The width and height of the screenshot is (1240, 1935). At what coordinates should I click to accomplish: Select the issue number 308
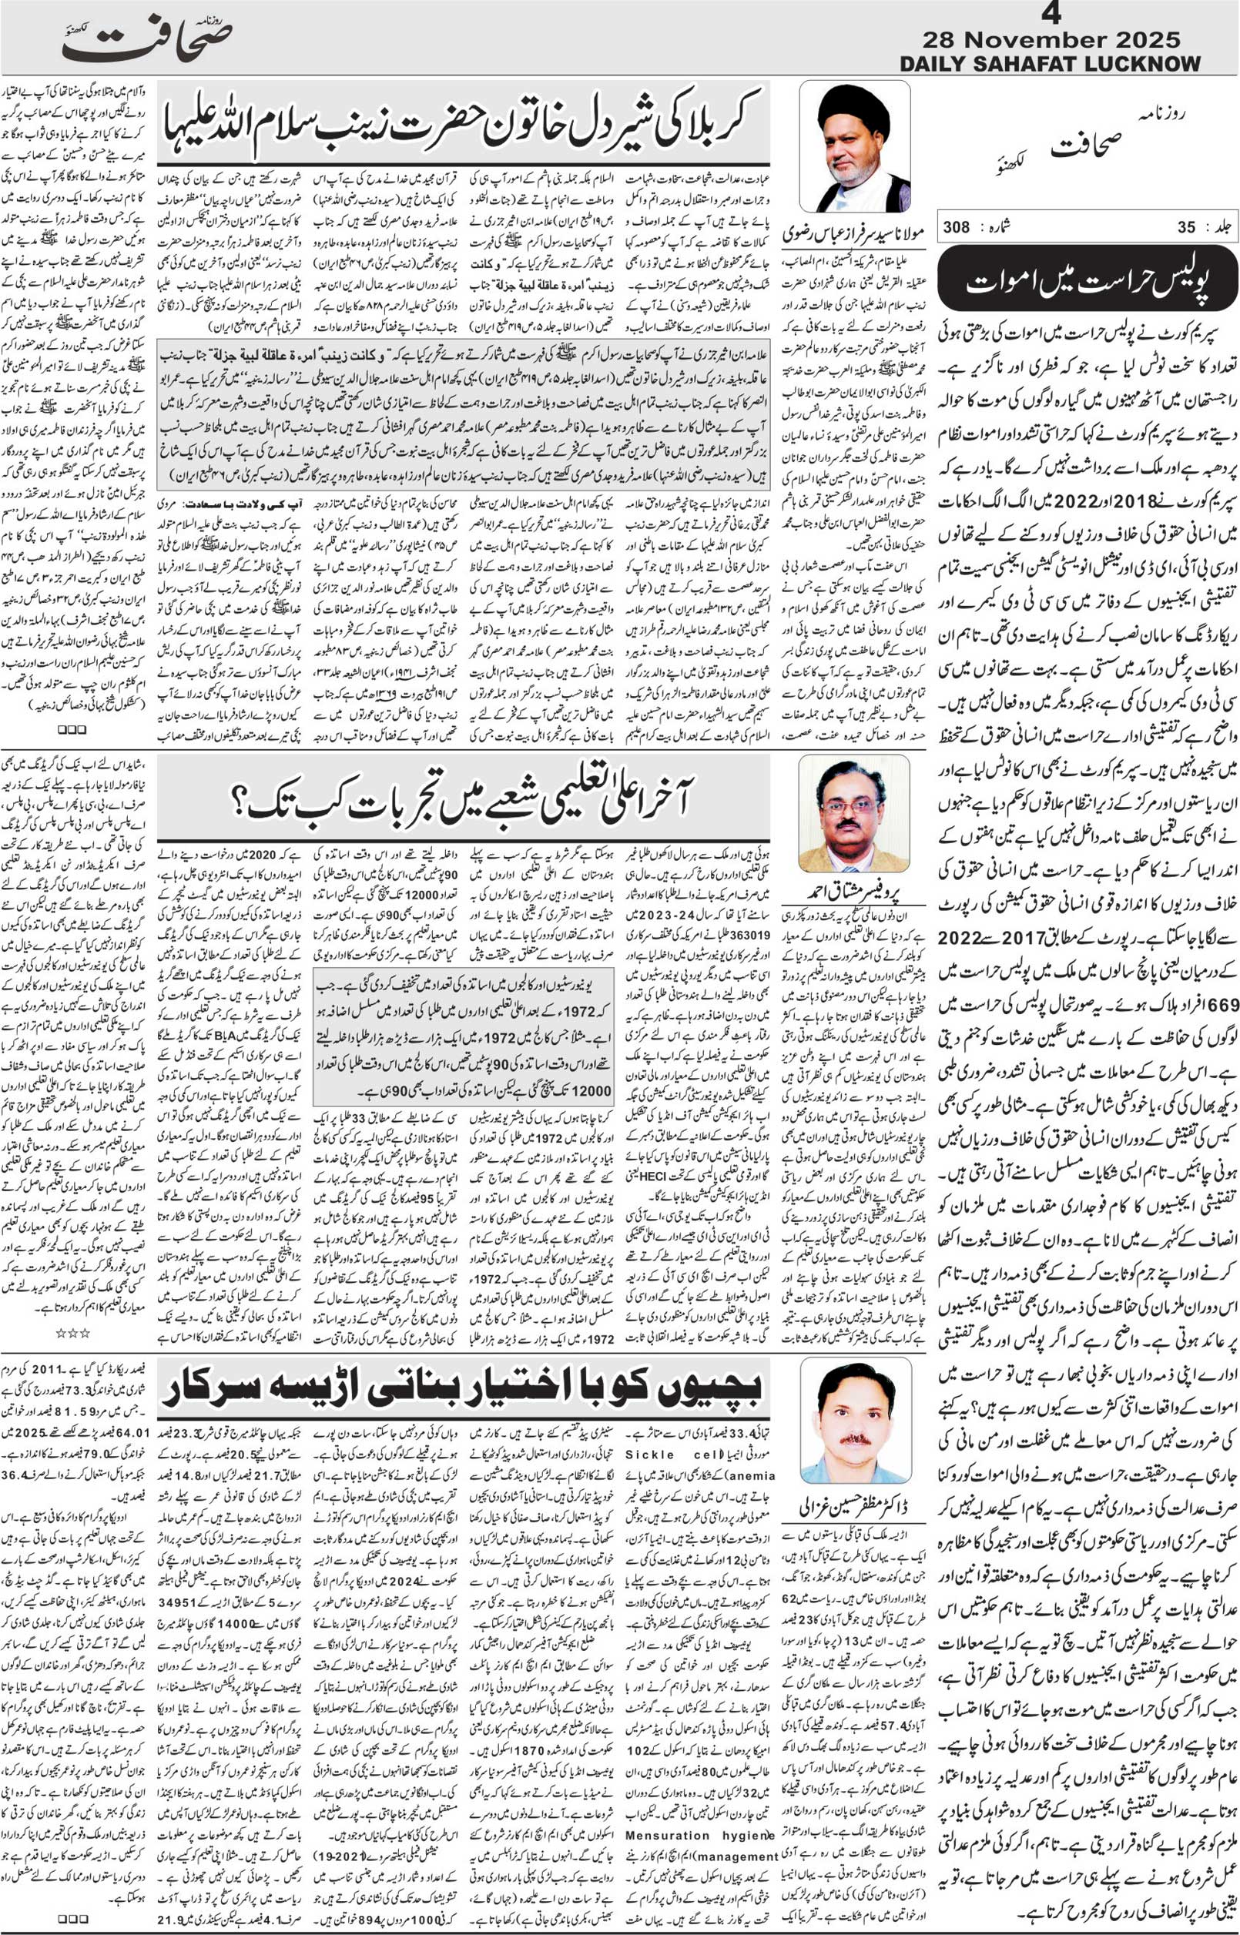click(x=958, y=228)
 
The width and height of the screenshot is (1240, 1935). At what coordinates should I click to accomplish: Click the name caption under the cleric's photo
click(x=855, y=234)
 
